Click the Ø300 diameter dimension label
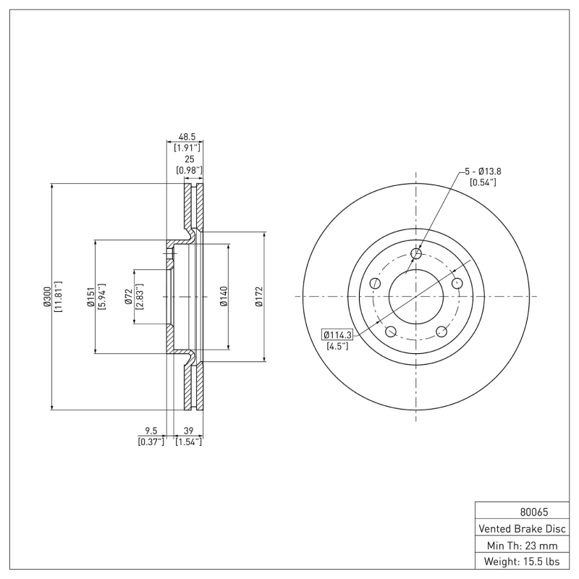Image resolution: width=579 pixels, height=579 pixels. pyautogui.click(x=47, y=297)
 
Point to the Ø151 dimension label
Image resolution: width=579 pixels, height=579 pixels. pyautogui.click(x=91, y=297)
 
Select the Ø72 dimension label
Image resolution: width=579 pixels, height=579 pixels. pyautogui.click(x=128, y=297)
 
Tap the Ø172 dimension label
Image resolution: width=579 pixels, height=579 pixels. pyautogui.click(x=258, y=297)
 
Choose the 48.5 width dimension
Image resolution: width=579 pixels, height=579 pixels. pyautogui.click(x=187, y=136)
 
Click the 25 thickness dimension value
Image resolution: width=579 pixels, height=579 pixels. pyautogui.click(x=189, y=159)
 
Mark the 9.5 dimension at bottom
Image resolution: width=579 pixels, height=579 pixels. pyautogui.click(x=151, y=430)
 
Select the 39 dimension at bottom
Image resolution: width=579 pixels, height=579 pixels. pyautogui.click(x=189, y=430)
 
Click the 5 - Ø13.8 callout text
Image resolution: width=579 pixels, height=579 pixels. pyautogui.click(x=483, y=171)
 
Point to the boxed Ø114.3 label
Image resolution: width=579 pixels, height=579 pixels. pyautogui.click(x=337, y=334)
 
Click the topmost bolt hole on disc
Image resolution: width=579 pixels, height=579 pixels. pyautogui.click(x=416, y=253)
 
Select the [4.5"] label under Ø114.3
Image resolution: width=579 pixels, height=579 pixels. pyautogui.click(x=337, y=347)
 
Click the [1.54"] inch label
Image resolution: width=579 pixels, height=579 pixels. pyautogui.click(x=189, y=441)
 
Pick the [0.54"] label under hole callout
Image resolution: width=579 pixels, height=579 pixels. pyautogui.click(x=483, y=182)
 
